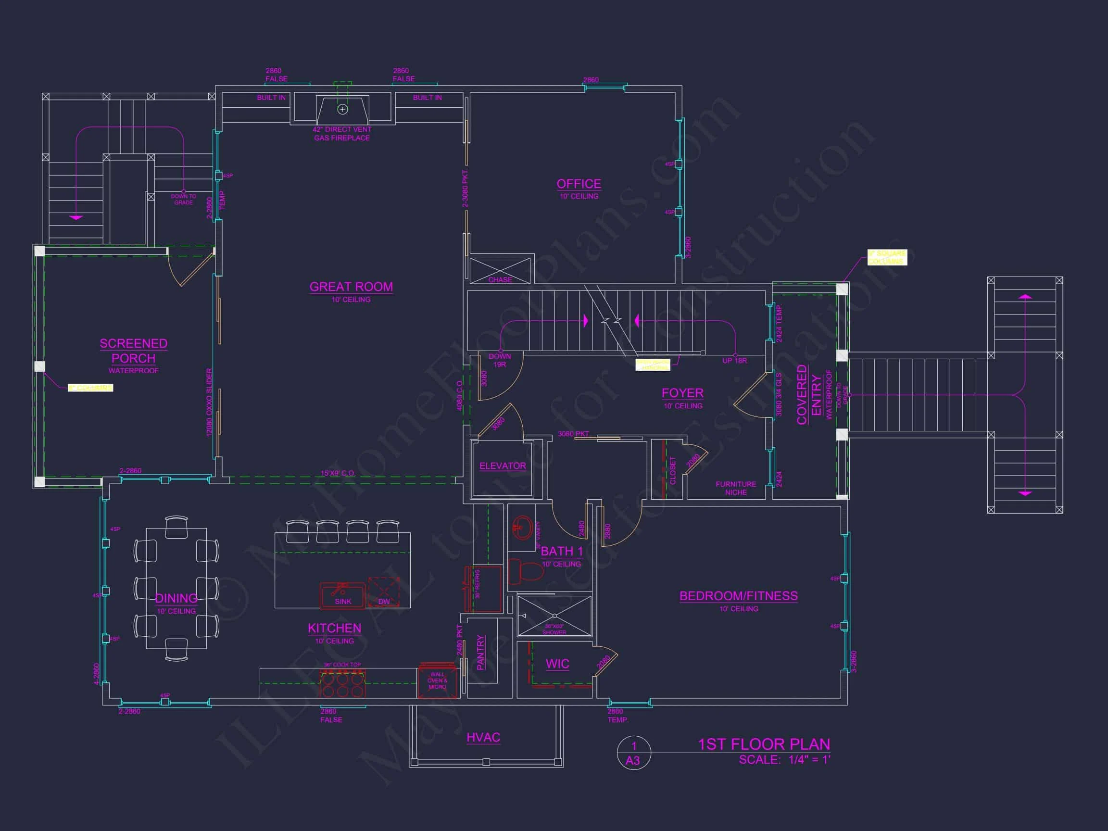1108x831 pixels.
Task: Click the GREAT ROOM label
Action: pos(351,287)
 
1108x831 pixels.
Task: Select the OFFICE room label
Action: pos(579,184)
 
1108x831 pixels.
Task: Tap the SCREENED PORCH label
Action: pos(133,351)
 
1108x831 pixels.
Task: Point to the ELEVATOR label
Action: pos(503,466)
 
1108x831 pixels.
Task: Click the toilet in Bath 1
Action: pos(526,571)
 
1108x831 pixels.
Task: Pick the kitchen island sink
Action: pos(342,595)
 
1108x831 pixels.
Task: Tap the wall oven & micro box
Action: pos(437,681)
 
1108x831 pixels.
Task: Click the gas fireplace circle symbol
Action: pos(342,109)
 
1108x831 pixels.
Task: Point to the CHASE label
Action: pos(500,279)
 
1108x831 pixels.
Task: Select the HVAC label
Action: pos(483,737)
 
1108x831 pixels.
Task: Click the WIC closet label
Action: pos(557,664)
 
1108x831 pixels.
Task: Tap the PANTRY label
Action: pos(480,652)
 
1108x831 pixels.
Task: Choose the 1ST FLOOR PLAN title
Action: pos(764,744)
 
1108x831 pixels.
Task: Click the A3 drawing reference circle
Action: pos(633,754)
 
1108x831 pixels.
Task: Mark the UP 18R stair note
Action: pos(734,361)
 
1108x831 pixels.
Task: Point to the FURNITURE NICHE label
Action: pos(735,488)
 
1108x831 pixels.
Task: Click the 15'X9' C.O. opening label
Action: pos(338,473)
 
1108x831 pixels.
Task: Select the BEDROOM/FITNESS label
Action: pos(738,596)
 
